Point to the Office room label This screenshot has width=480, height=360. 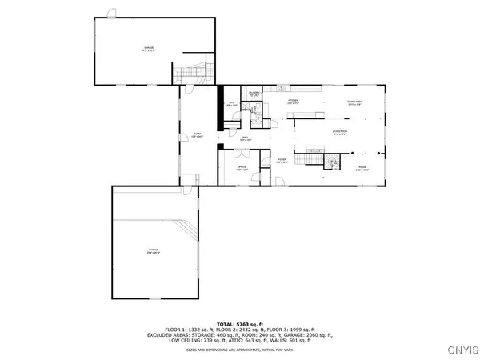(242, 169)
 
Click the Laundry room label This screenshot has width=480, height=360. (255, 95)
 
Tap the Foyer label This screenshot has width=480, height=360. (282, 162)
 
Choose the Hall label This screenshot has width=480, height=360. (246, 141)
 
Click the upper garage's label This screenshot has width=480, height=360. (149, 49)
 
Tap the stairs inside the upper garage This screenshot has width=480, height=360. (191, 72)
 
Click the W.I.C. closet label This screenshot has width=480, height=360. (230, 103)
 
